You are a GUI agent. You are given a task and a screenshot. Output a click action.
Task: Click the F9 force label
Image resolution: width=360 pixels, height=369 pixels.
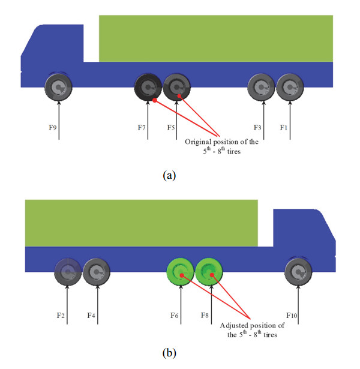click(52, 128)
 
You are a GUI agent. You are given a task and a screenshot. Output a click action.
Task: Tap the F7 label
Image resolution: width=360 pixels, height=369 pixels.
click(142, 128)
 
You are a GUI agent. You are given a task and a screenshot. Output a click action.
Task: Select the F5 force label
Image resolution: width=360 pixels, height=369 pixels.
click(171, 128)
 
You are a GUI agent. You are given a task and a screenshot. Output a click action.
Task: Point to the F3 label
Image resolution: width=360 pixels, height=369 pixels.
click(257, 128)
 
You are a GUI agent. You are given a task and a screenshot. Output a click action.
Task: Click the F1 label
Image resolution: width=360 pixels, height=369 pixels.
click(284, 128)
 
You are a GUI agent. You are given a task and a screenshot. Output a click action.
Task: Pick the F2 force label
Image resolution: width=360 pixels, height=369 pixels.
click(61, 316)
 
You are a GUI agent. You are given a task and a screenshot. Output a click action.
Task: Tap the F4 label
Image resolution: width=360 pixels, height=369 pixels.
click(91, 316)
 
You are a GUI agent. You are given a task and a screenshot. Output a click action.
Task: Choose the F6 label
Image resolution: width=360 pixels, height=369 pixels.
click(175, 316)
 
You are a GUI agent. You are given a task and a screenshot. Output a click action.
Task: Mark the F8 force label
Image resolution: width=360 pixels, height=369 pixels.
click(205, 316)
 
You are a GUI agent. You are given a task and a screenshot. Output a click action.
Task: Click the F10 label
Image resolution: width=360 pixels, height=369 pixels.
click(292, 316)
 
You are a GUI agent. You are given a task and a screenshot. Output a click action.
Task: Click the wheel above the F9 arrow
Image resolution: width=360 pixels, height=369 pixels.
click(58, 88)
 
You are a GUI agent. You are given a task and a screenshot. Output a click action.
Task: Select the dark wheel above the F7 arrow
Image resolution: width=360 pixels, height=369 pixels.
click(148, 88)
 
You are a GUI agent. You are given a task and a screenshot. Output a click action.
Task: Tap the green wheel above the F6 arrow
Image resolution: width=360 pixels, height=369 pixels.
click(180, 272)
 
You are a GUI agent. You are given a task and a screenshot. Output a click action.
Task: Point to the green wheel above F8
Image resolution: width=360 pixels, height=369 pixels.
click(209, 272)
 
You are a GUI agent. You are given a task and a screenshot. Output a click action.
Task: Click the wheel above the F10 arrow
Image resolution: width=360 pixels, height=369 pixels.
click(298, 272)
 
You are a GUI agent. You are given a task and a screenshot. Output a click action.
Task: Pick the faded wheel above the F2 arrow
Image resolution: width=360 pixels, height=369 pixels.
click(68, 272)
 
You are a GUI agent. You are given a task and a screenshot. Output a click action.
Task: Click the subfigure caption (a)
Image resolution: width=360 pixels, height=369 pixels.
click(169, 176)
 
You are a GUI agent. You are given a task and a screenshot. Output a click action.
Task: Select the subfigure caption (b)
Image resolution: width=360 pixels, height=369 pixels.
click(169, 353)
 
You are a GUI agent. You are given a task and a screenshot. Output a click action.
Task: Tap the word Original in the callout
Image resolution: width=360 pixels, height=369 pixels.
click(198, 142)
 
